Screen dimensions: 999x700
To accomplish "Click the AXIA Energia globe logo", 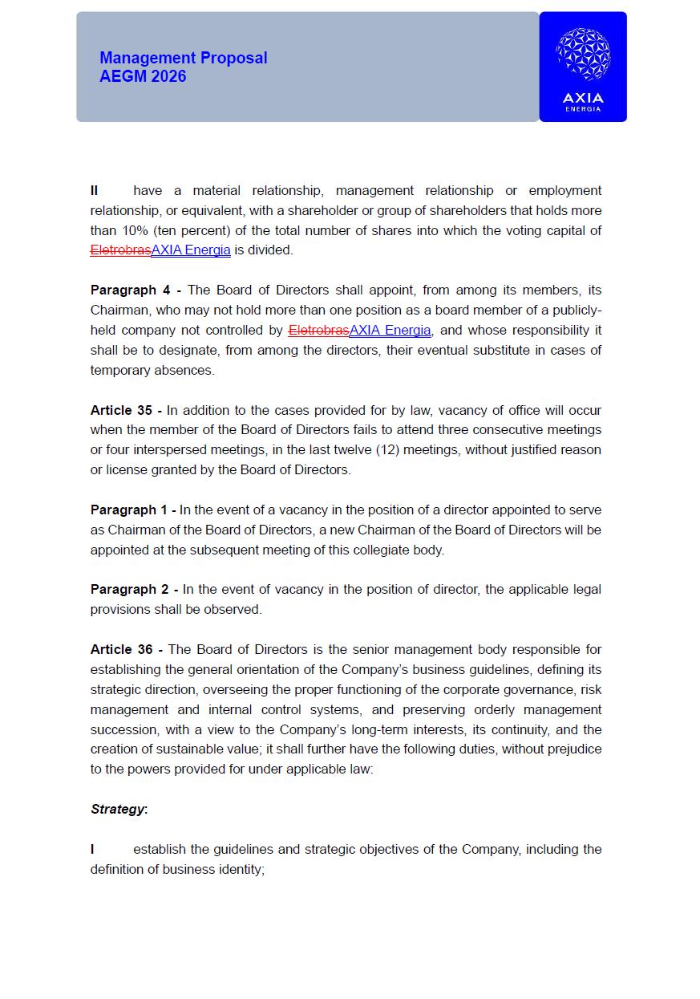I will tap(583, 55).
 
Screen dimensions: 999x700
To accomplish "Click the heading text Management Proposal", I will tap(183, 58).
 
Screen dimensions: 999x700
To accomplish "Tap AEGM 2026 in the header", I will tap(143, 76).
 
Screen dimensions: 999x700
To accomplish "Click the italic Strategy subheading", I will tap(117, 809).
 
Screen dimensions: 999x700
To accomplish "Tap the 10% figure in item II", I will tap(133, 230).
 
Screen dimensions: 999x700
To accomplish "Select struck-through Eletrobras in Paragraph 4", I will tap(318, 331).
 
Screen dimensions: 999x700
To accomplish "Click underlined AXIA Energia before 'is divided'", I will tap(191, 250).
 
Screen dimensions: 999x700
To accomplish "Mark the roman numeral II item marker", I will tap(95, 190).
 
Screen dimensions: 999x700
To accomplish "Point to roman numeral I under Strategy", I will tap(92, 849).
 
